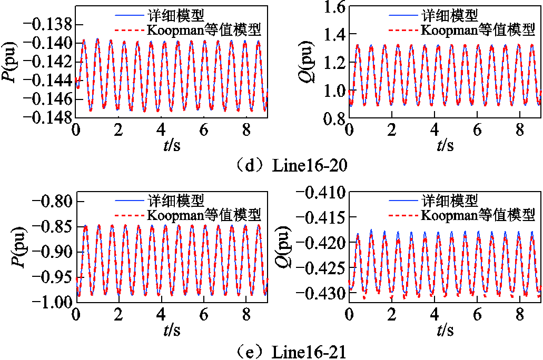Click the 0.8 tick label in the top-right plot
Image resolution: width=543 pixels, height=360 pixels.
[331, 119]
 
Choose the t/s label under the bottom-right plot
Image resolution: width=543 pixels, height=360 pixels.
[446, 330]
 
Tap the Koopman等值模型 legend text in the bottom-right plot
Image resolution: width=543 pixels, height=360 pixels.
[477, 215]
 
